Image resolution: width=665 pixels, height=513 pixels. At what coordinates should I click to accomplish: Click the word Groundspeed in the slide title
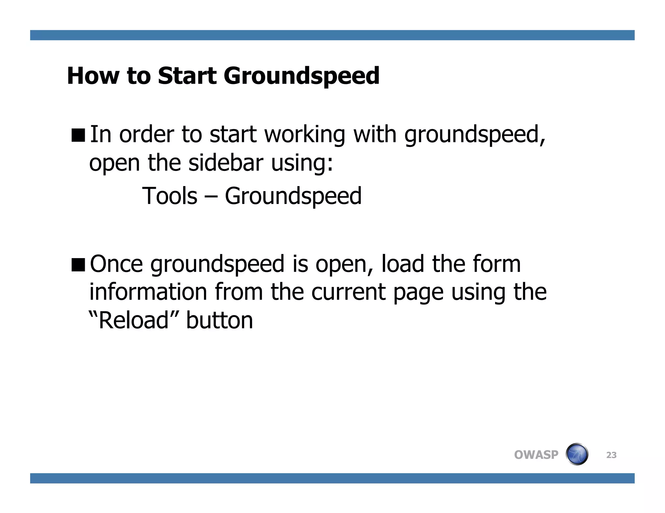pyautogui.click(x=301, y=77)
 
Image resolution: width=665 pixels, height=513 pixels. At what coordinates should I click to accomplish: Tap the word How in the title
pyautogui.click(x=93, y=76)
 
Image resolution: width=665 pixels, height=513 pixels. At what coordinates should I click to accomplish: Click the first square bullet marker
pyautogui.click(x=78, y=135)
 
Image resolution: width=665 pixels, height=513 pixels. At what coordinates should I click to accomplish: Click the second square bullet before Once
pyautogui.click(x=78, y=264)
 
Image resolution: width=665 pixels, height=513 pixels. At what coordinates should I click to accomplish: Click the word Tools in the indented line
pyautogui.click(x=170, y=196)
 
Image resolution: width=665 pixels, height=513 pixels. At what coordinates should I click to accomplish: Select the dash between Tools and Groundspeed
pyautogui.click(x=211, y=197)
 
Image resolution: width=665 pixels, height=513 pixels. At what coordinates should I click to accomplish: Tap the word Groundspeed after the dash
pyautogui.click(x=293, y=197)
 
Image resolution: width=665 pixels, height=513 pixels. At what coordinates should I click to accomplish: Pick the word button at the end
pyautogui.click(x=219, y=320)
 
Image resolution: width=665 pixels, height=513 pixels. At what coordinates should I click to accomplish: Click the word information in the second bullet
pyautogui.click(x=148, y=292)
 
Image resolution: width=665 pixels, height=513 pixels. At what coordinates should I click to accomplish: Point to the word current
pyautogui.click(x=348, y=292)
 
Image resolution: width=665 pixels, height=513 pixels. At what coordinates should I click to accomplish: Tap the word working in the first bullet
pyautogui.click(x=305, y=135)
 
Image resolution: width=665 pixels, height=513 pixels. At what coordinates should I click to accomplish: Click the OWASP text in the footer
pyautogui.click(x=536, y=455)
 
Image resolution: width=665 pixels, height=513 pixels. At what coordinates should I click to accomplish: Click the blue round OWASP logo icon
pyautogui.click(x=577, y=454)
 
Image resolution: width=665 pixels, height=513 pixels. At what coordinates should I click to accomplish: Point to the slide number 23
pyautogui.click(x=611, y=455)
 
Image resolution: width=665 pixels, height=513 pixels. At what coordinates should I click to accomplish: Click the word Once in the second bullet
pyautogui.click(x=116, y=264)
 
